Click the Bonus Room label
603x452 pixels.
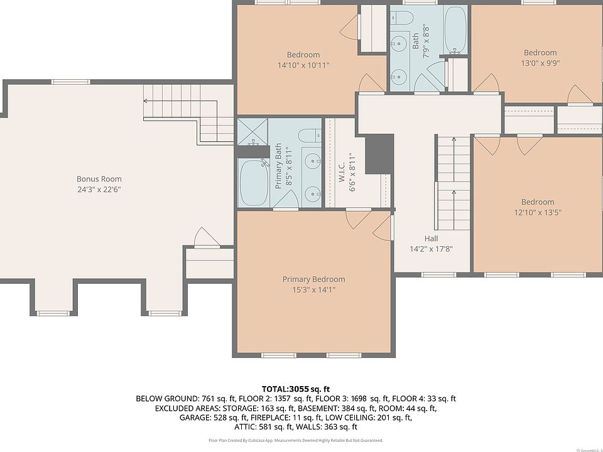[99, 179]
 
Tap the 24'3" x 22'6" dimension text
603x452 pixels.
[99, 189]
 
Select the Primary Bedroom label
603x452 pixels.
[314, 279]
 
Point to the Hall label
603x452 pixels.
[431, 239]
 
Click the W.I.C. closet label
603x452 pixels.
[342, 172]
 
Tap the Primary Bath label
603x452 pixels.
[278, 166]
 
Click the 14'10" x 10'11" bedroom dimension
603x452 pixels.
[303, 65]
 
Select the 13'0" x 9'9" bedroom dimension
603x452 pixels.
[540, 63]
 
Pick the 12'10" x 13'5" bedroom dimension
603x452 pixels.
[538, 212]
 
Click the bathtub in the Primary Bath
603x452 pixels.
[253, 183]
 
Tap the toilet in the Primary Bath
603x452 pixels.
[310, 136]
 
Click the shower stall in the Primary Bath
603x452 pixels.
[253, 132]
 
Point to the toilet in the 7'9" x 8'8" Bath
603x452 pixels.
[402, 17]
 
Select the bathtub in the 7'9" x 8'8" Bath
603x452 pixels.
[455, 30]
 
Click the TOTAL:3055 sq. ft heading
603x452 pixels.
[296, 389]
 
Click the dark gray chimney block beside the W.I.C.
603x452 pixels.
[379, 154]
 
